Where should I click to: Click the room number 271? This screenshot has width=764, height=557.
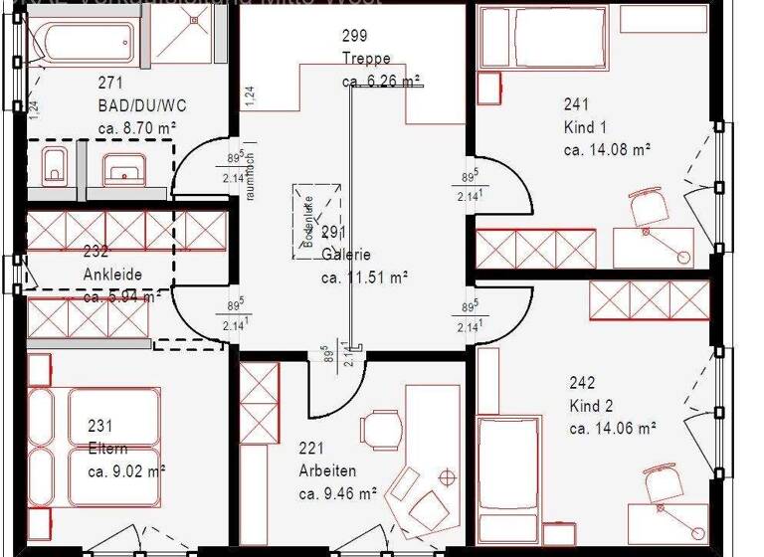click(x=110, y=83)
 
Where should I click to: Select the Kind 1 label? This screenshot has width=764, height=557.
click(x=585, y=127)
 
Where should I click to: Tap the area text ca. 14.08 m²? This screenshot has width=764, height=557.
click(x=607, y=150)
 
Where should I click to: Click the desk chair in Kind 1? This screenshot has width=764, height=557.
click(x=648, y=206)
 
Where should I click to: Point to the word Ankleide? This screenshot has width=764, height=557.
click(x=112, y=275)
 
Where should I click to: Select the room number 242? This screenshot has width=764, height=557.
click(x=582, y=382)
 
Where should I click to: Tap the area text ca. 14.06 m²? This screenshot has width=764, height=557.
click(x=612, y=429)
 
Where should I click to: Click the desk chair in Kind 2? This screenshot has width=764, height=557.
click(x=662, y=485)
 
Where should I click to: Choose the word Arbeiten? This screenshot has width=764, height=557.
click(x=327, y=470)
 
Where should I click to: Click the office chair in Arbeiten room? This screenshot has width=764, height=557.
click(x=381, y=429)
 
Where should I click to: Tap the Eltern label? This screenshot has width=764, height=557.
click(x=107, y=449)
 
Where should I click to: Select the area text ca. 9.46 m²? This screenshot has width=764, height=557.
click(x=337, y=492)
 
